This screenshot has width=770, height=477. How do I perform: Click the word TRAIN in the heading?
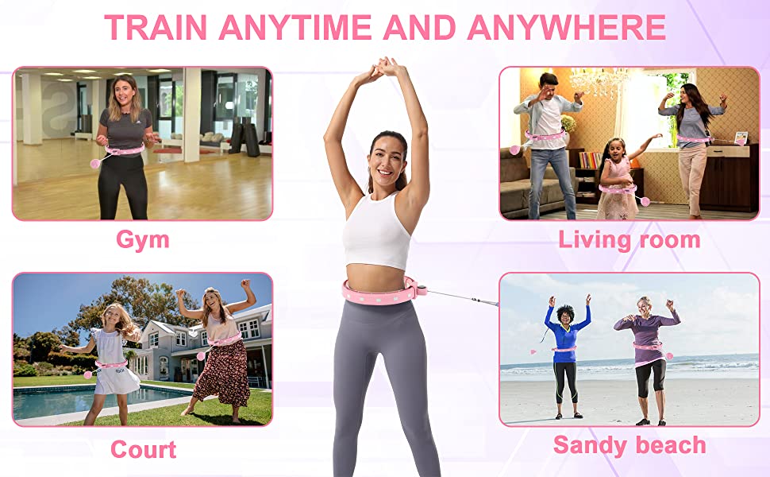coord(156,27)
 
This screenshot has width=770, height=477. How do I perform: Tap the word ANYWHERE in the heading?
coord(566,27)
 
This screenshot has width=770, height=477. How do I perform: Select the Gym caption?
coord(142,240)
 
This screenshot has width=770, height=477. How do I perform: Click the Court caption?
coord(144,449)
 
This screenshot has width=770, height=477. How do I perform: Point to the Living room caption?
coord(629,240)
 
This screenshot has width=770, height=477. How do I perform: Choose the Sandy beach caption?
coord(629,445)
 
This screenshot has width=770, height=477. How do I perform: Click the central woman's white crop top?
coord(376,231)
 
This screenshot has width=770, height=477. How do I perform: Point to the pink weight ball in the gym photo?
coord(94,163)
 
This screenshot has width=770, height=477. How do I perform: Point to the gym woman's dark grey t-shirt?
coord(126,129)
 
